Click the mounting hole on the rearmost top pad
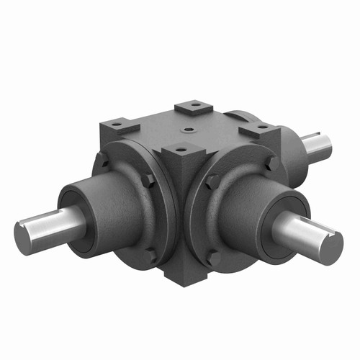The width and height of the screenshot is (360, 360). (192, 107)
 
